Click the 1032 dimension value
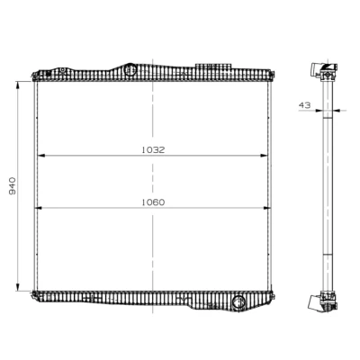click(x=153, y=150)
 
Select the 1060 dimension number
click(x=153, y=202)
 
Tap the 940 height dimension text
click(x=13, y=186)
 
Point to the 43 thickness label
click(x=304, y=105)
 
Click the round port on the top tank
click(x=130, y=69)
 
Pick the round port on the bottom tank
click(x=238, y=302)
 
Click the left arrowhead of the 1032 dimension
click(x=40, y=156)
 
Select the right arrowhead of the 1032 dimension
click(x=264, y=156)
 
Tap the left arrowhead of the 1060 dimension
click(x=39, y=208)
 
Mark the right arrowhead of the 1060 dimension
click(x=266, y=208)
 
